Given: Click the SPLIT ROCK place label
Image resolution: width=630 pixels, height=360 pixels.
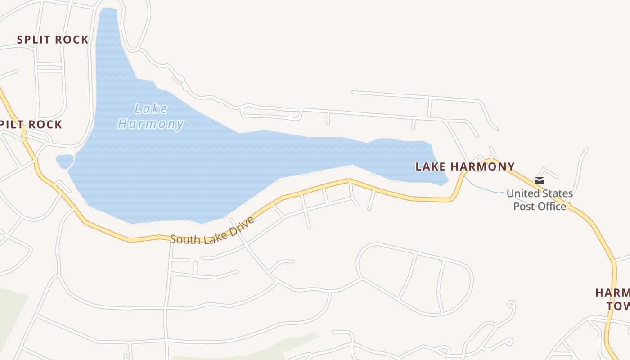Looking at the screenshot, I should click(x=53, y=40).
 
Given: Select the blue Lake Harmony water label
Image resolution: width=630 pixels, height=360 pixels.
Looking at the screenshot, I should click(x=150, y=116).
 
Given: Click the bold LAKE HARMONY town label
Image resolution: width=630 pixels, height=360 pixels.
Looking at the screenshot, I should click(x=465, y=167).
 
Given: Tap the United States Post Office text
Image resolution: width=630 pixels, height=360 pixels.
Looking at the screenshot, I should click(x=540, y=200).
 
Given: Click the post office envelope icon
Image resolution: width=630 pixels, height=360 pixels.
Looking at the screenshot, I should click(x=540, y=180).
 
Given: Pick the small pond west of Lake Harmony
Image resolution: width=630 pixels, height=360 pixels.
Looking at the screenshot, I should click(x=65, y=161).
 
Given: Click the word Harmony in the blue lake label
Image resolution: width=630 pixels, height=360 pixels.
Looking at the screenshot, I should click(x=150, y=124).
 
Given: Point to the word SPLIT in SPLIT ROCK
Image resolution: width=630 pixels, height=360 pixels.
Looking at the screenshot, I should click(x=33, y=40).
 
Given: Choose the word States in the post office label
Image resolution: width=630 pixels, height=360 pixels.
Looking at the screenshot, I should click(x=557, y=194).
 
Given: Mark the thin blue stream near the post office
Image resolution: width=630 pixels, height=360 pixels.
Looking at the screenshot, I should click(x=486, y=189).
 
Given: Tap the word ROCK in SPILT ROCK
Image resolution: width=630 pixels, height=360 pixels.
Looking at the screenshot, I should click(x=46, y=125).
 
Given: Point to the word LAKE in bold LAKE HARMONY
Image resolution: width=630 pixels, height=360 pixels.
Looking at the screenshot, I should click(x=431, y=167).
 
